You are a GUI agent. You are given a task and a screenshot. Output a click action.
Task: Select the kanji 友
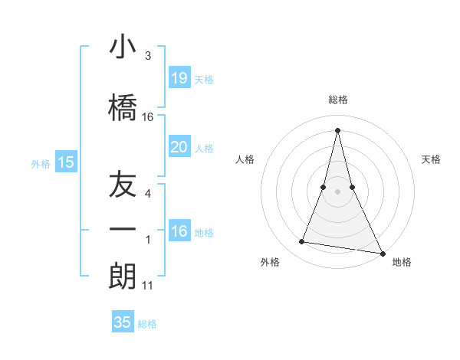coord(123,186)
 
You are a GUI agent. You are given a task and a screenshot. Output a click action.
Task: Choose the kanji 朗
coord(123,276)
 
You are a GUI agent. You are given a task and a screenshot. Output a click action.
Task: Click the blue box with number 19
coord(179,77)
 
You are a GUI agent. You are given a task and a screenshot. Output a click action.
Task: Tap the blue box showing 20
coord(179,146)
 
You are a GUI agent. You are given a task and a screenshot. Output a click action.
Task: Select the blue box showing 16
coord(179,231)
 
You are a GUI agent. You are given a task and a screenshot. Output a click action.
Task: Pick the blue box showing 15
coord(66,162)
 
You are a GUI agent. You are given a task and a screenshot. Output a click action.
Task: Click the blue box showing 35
coord(123,322)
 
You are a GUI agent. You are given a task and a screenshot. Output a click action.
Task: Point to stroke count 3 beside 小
coord(148,56)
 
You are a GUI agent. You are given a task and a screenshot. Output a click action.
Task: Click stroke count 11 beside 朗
coord(148,286)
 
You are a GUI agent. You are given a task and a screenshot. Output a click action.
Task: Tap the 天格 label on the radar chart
coord(431,159)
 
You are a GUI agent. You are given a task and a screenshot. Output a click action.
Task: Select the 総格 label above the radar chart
coord(338,100)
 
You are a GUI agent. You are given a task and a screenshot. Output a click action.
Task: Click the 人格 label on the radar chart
coord(245,159)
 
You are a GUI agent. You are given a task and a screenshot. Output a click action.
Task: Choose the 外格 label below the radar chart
coord(270,263)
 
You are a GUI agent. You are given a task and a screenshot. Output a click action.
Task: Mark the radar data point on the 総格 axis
coord(338,129)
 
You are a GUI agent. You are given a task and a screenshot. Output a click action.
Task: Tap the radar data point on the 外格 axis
coord(302,242)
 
